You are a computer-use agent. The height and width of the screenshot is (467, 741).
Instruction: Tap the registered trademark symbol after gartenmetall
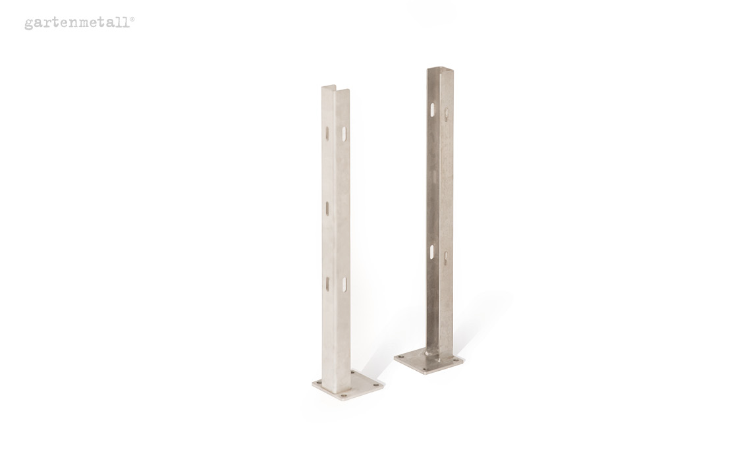(132, 19)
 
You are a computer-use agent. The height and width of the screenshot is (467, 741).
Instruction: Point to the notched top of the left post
(335, 89)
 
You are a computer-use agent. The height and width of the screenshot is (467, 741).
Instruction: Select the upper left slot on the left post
(327, 132)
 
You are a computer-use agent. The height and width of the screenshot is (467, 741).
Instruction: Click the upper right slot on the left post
(344, 133)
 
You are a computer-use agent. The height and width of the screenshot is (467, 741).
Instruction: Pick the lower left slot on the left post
(327, 283)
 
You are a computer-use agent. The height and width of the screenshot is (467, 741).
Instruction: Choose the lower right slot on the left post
(344, 284)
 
